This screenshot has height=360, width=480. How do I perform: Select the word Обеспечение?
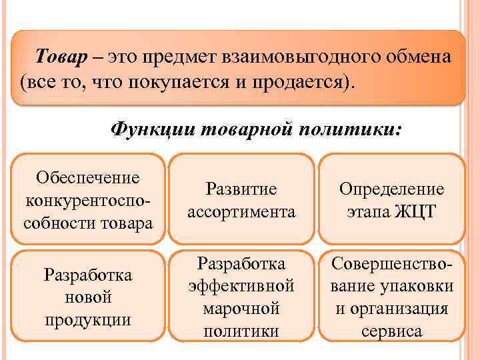tap(88, 177)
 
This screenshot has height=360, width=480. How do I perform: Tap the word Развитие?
tap(241, 190)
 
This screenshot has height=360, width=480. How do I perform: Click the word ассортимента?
tap(241, 212)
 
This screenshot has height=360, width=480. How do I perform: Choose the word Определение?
tap(391, 190)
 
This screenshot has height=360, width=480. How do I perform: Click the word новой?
tap(88, 297)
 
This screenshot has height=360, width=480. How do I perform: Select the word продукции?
tap(88, 319)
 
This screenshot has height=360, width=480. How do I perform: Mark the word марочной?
tap(241, 309)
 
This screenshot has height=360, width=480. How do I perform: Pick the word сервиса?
tap(391, 331)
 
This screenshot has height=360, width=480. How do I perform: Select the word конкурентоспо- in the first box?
tap(88, 200)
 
